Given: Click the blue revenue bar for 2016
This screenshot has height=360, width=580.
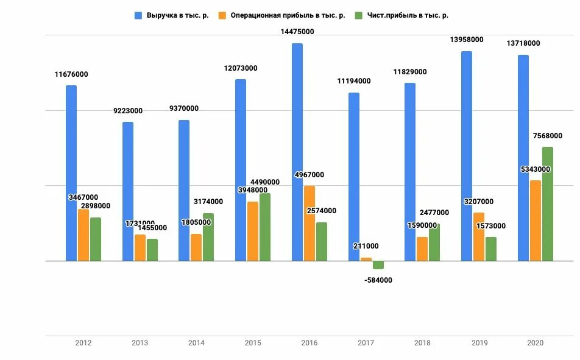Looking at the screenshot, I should click(x=297, y=152).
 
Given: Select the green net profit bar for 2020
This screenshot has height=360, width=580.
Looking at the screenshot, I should click(x=548, y=204).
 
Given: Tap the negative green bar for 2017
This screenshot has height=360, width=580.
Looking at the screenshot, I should click(x=378, y=265).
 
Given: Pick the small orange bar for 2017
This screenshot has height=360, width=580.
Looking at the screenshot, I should click(x=366, y=259).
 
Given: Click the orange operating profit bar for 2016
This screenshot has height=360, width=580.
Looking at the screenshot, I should click(x=309, y=223).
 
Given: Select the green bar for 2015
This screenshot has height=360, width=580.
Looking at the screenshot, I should click(x=265, y=227).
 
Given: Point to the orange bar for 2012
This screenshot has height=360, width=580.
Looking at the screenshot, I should click(x=83, y=235).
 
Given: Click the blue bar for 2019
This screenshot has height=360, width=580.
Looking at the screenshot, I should click(x=467, y=156).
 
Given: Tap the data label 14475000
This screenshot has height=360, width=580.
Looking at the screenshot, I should click(x=297, y=32).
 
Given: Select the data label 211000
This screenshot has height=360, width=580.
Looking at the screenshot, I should click(x=366, y=246).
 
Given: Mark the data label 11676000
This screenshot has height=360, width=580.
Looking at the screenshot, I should click(x=71, y=74).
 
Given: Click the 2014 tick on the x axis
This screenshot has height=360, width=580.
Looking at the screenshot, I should click(x=196, y=343).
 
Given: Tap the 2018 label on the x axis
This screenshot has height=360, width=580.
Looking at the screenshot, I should click(x=422, y=343).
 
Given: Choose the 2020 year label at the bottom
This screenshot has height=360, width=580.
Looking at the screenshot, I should click(x=534, y=343).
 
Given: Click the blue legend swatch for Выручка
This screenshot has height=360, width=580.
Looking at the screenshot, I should click(x=138, y=15).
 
